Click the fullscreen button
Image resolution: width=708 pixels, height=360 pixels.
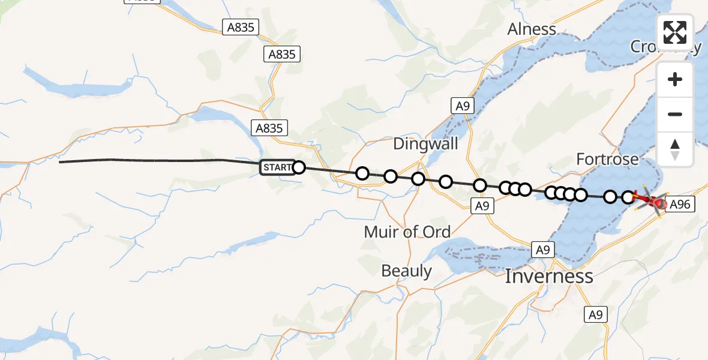[x=675, y=32]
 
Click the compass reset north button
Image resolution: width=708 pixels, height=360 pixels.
[x=675, y=149]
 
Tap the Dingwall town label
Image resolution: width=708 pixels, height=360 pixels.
[x=425, y=144]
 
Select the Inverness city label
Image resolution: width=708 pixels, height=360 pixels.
[x=549, y=276]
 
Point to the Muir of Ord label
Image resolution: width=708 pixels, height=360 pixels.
[x=408, y=232]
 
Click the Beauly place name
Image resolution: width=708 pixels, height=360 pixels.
[x=406, y=271]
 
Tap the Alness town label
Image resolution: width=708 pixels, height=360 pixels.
[x=532, y=29]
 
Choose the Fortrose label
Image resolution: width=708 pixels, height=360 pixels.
[x=607, y=159]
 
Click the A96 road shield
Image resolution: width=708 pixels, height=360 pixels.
[x=679, y=205]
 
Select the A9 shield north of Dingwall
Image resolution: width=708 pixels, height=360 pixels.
[x=461, y=106]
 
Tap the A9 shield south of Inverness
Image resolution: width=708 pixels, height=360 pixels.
[x=595, y=314]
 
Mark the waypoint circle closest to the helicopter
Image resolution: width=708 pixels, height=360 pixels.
[x=628, y=197]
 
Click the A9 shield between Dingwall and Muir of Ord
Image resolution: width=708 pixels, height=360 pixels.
[x=482, y=206]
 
